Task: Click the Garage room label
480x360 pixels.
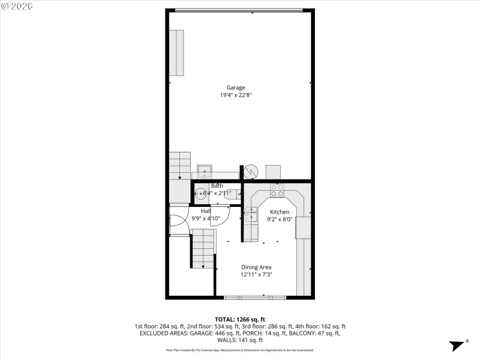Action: pos(235,88)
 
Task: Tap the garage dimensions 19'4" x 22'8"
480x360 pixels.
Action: pos(235,95)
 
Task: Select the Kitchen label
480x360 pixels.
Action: pos(280,212)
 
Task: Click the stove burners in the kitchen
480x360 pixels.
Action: pos(277,191)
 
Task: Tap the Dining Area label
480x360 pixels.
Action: pos(256,267)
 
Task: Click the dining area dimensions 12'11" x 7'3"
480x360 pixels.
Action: pos(256,274)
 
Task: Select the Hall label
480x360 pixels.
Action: pos(206,211)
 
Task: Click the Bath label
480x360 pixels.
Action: pos(217,186)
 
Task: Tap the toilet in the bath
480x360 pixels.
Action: pos(234,194)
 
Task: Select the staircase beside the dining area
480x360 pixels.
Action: pos(203,248)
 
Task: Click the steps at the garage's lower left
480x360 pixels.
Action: pos(179,165)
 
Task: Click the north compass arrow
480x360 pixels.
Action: pos(459,345)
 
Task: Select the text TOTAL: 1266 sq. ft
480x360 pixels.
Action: pos(239,319)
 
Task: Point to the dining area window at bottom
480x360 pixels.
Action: pos(251,297)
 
